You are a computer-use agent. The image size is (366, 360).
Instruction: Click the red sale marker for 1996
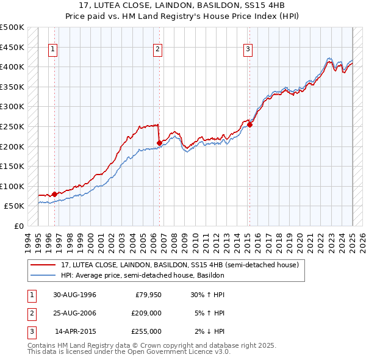(54, 194)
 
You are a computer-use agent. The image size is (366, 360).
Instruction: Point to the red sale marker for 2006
(159, 143)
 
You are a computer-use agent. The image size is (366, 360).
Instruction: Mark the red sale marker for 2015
(249, 124)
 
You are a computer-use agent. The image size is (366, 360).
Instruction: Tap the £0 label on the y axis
(19, 226)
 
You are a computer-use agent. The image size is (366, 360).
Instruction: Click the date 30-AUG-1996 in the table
(75, 295)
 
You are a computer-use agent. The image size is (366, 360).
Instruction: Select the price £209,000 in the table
(146, 313)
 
